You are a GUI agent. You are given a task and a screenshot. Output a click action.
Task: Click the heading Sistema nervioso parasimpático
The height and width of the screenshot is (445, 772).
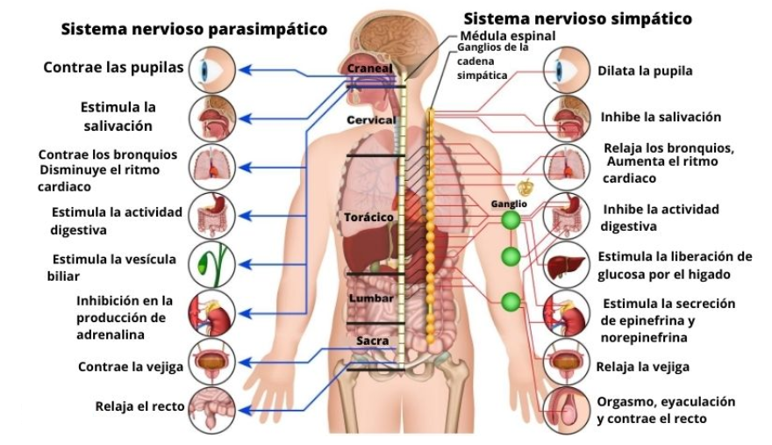pyautogui.click(x=194, y=30)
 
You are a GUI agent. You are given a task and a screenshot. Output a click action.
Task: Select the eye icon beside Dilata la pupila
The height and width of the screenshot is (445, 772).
pyautogui.click(x=563, y=69)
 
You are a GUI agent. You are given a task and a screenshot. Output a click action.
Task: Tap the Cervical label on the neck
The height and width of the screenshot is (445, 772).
pyautogui.click(x=371, y=119)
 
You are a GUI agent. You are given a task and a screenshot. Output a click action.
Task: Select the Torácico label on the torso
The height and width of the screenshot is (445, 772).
pyautogui.click(x=369, y=216)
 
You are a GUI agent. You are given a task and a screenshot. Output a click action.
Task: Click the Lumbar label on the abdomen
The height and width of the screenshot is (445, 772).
pyautogui.click(x=371, y=298)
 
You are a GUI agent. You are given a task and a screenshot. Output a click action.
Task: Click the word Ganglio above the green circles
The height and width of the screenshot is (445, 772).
pyautogui.click(x=509, y=205)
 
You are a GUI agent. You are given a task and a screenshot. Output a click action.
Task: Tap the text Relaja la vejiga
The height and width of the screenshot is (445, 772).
pyautogui.click(x=642, y=366)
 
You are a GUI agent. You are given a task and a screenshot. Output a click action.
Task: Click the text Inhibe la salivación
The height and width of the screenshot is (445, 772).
pyautogui.click(x=661, y=116)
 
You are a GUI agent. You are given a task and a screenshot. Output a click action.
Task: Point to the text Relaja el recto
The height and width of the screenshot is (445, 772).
pyautogui.click(x=139, y=406)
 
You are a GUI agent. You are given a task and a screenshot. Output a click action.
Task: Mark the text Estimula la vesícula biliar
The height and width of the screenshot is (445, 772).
pyautogui.click(x=114, y=267)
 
